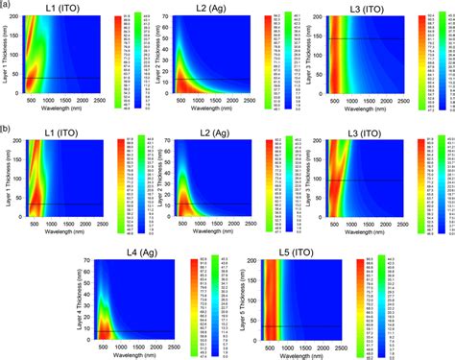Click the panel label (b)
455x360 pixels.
tap(6, 126)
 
